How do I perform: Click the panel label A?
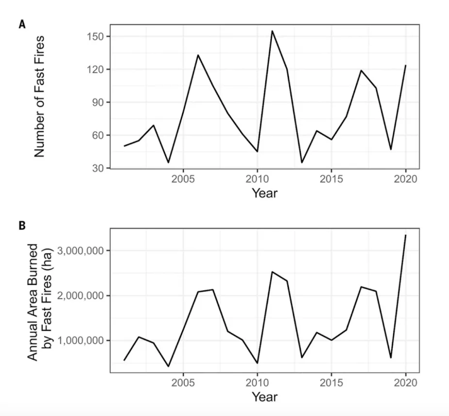coord(22,24)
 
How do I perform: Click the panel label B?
coord(22,226)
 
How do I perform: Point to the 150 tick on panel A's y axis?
coord(96,37)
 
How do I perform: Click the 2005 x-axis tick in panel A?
coord(183,178)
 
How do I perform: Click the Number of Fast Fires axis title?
coord(40,96)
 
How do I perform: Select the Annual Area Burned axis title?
coord(39,302)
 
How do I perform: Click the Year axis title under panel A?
coord(265,193)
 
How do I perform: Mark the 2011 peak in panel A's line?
coord(272,31)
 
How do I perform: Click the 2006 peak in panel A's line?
coord(198,55)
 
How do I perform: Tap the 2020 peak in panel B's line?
coord(405,235)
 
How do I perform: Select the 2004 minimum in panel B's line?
coord(168,367)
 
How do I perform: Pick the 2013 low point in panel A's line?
coord(302,163)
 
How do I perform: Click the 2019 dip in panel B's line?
coord(391,358)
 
